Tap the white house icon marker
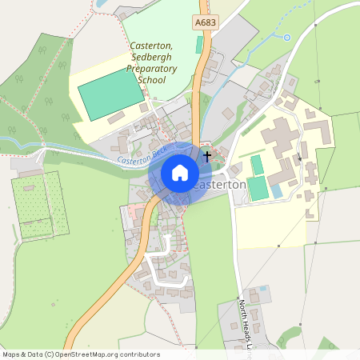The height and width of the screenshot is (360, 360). [180, 172]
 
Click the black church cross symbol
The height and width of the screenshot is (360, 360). [207, 156]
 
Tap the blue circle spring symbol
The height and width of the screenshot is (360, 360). [286, 37]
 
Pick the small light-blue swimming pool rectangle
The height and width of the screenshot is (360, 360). [276, 191]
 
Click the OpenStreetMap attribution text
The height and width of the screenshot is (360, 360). [80, 354]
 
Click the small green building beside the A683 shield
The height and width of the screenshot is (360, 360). [198, 44]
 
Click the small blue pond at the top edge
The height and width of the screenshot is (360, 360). [101, 4]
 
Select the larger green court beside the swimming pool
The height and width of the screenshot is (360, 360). [256, 190]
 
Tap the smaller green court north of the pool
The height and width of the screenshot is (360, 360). [257, 165]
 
